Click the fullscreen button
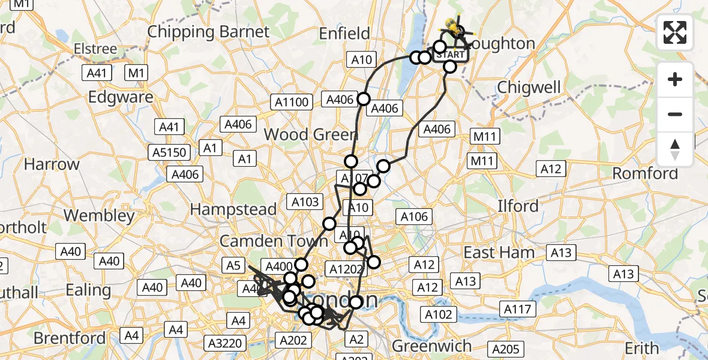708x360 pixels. [675, 32]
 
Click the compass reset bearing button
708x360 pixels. [675, 149]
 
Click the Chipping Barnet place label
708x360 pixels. [208, 31]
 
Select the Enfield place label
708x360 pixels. [344, 33]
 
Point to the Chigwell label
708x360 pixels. [529, 88]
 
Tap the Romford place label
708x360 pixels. [645, 174]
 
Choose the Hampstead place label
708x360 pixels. [233, 209]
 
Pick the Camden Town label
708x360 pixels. [274, 241]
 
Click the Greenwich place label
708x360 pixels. [432, 346]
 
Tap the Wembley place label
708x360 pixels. [99, 215]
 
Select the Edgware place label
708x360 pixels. [121, 97]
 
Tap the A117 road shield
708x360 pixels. [517, 309]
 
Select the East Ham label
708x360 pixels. [499, 253]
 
